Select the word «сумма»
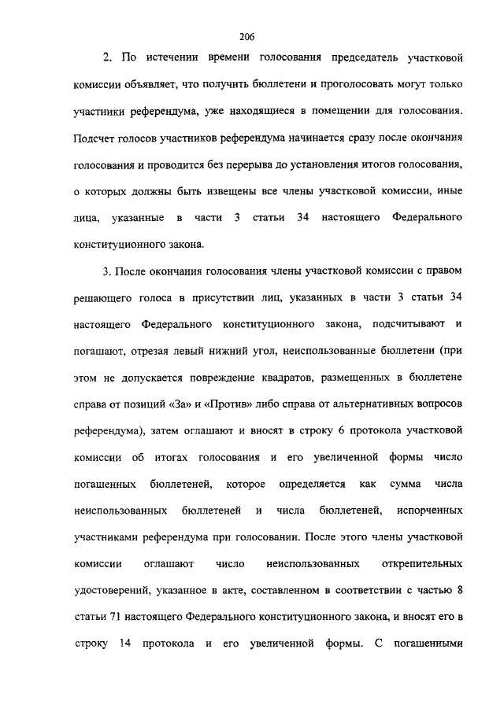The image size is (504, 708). [403, 484]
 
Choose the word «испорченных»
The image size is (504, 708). [430, 511]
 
